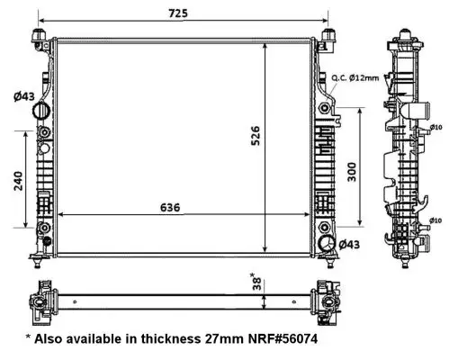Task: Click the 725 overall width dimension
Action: pyautogui.click(x=178, y=13)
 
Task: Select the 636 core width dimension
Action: pyautogui.click(x=170, y=208)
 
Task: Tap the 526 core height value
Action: pyautogui.click(x=256, y=136)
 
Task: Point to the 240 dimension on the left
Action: pyautogui.click(x=18, y=181)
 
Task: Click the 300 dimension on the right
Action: pyautogui.click(x=352, y=172)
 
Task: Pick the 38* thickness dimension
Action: pyautogui.click(x=256, y=282)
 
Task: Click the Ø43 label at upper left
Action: pyautogui.click(x=24, y=96)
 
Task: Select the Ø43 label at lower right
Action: pyautogui.click(x=349, y=245)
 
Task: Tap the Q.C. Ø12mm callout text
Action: pyautogui.click(x=355, y=78)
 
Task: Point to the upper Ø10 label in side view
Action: pyautogui.click(x=436, y=127)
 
